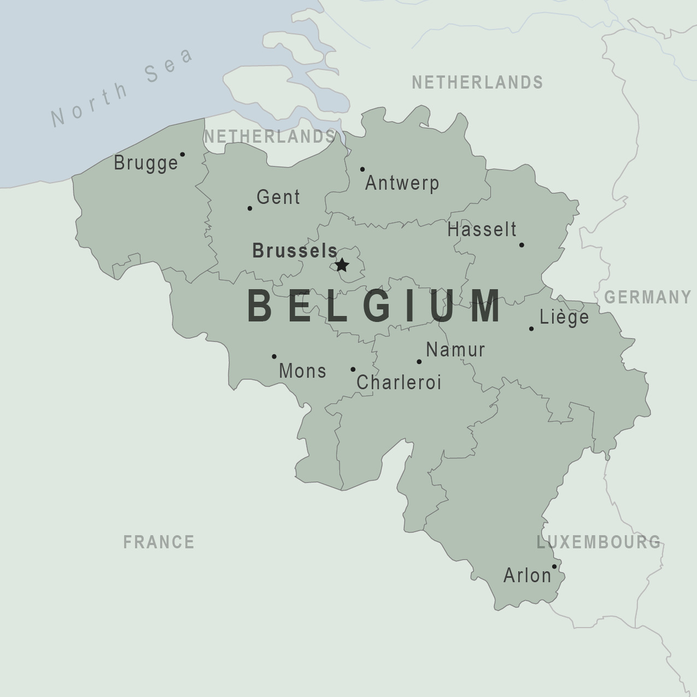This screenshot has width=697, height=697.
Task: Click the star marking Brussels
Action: pos(342,265)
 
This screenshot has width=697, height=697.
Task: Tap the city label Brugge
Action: pos(146,163)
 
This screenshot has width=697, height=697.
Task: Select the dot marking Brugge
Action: pos(183,154)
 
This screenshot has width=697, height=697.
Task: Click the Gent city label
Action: pos(278,197)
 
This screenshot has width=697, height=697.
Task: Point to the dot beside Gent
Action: pos(250,208)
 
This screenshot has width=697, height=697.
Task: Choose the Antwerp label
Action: pos(402,183)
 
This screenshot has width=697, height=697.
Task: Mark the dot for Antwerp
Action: pos(362,169)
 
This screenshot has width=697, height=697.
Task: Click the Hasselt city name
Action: pos(482,230)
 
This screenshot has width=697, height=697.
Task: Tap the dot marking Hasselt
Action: pos(522,245)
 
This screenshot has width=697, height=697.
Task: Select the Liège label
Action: pos(564,317)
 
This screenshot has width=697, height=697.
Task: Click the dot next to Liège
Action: pos(531,329)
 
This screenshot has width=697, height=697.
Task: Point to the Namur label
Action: pos(455,350)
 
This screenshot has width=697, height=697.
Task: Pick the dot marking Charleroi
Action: pos(353,370)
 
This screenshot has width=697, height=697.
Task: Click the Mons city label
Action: pos(302,371)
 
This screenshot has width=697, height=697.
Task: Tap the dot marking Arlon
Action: pos(554,566)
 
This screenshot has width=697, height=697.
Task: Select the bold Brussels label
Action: pos(295,251)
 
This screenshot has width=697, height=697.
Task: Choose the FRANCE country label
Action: pos(159,542)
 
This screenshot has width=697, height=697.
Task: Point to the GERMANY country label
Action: pos(648,297)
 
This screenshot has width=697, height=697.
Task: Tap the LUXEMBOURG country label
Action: pos(599,542)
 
